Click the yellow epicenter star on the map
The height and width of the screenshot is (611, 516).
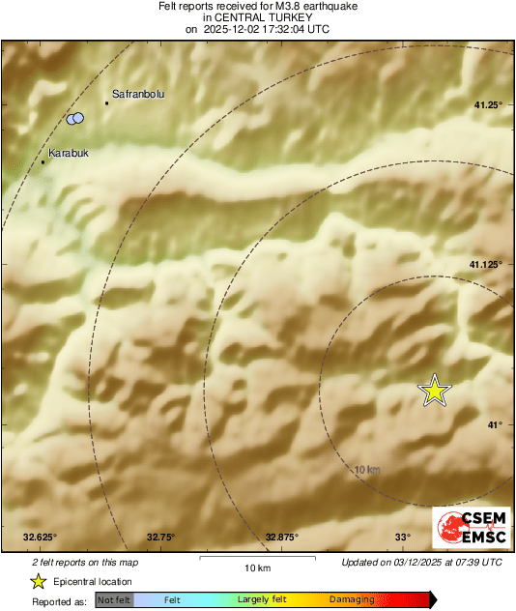435,390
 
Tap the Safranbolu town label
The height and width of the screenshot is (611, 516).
139,94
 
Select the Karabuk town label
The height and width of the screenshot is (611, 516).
69,153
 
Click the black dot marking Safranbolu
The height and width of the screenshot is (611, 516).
106,102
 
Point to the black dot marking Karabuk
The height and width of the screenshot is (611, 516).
43,161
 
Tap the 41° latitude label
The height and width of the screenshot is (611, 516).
494,424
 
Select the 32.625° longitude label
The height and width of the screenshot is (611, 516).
41,537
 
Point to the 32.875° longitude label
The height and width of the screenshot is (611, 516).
282,537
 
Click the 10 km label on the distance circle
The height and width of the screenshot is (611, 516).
367,469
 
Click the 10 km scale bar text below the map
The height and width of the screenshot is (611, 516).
257,567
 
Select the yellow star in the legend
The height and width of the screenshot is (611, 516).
39,581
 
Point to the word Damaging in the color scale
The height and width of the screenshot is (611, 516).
352,599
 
